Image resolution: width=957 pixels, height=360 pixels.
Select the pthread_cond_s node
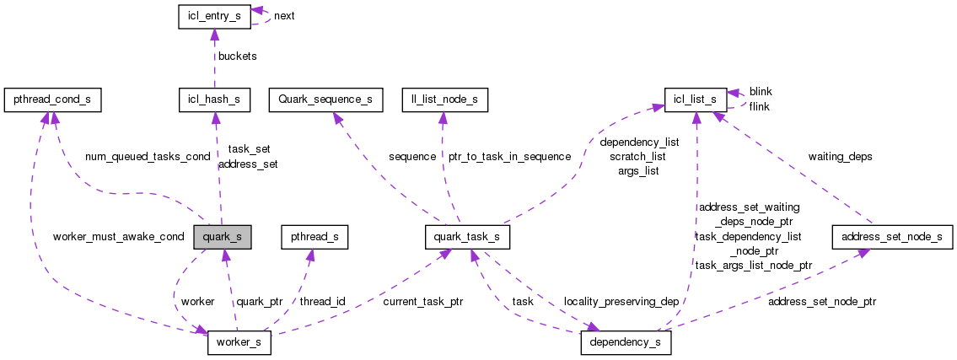pos(52,99)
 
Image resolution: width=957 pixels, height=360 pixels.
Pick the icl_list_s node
pos(695,99)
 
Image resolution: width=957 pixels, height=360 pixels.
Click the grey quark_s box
pos(222,237)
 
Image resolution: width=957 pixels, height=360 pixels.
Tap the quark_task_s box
pos(467,237)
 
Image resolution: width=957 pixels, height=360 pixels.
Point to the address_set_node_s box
pos(887,237)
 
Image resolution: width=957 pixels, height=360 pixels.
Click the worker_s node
pos(239,344)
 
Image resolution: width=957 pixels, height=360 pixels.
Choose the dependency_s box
pos(626,344)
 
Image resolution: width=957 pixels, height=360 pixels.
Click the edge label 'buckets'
pos(237,56)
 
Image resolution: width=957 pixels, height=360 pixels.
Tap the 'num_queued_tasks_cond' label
pos(148,157)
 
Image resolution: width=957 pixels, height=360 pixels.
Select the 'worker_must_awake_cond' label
pos(118,236)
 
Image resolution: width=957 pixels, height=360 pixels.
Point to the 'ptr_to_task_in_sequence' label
pos(509,157)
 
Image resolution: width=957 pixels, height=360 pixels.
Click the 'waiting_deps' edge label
pos(840,157)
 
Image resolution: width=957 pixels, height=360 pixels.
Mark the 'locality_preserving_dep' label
pos(622,301)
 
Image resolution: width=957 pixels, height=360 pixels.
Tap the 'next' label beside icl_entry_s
pos(284,16)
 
